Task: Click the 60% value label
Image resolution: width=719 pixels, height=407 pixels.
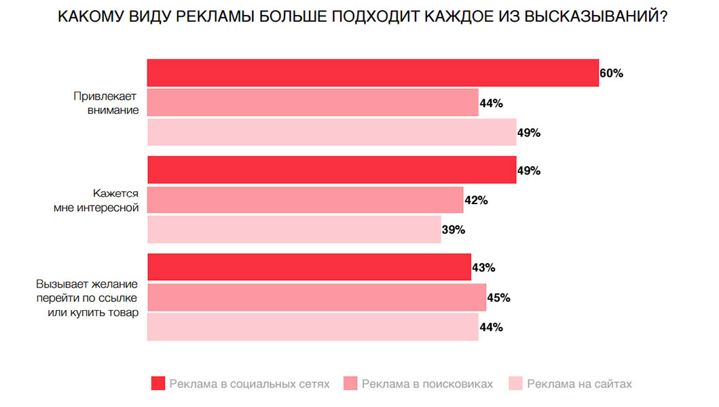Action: point(611,73)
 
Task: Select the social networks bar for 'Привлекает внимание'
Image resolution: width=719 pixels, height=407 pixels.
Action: point(373,73)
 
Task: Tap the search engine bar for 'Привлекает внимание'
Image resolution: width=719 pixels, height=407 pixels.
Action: point(313,103)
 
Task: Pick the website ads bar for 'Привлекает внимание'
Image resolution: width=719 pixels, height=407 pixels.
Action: point(332,132)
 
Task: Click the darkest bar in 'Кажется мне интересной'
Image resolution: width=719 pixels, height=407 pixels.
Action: point(332,170)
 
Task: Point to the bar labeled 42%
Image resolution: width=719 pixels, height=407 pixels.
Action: point(306,200)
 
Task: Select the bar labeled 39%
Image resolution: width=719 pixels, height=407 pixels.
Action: point(294,229)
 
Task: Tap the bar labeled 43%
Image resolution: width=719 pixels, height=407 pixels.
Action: point(309,267)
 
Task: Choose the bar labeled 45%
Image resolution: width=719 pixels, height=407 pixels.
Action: point(316,297)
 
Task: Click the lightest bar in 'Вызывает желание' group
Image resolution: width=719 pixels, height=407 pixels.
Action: point(313,327)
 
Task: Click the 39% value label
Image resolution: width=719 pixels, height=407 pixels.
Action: point(453,230)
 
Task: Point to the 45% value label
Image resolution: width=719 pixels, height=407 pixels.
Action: point(498,298)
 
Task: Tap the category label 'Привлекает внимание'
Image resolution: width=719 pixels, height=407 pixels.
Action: point(106,103)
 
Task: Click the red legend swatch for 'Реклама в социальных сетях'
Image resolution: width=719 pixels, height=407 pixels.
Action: point(158,384)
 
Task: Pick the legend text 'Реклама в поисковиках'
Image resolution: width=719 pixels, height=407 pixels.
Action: point(428,384)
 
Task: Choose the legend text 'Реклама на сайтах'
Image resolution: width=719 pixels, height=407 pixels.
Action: point(579,384)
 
